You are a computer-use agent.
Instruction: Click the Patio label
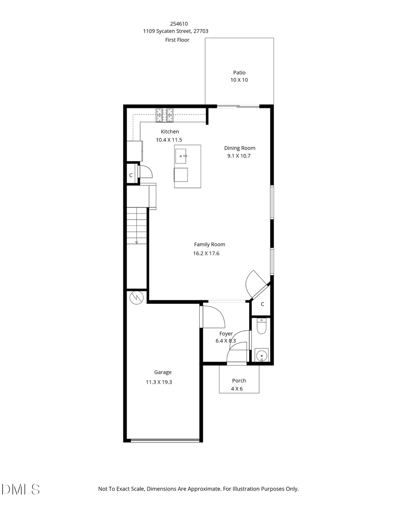click(239, 73)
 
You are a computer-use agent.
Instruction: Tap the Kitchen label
click(170, 132)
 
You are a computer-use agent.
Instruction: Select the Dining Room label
click(240, 148)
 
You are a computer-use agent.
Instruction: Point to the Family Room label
click(210, 244)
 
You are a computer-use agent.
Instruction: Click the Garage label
click(163, 372)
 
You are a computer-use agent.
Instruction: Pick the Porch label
click(239, 380)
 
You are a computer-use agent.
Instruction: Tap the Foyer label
click(226, 334)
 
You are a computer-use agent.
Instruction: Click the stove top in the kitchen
click(165, 115)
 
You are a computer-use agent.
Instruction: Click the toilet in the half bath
click(261, 327)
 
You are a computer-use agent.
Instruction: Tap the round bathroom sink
click(262, 355)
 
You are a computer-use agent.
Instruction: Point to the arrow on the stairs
click(137, 242)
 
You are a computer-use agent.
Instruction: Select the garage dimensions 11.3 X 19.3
click(159, 382)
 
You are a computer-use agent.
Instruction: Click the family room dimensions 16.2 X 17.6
click(206, 254)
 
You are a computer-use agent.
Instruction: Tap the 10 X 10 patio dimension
click(240, 81)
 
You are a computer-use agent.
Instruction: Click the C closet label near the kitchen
click(131, 175)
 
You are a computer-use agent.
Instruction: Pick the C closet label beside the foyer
click(262, 304)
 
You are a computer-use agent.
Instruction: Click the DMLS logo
click(21, 489)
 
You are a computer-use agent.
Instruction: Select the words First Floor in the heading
click(177, 40)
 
